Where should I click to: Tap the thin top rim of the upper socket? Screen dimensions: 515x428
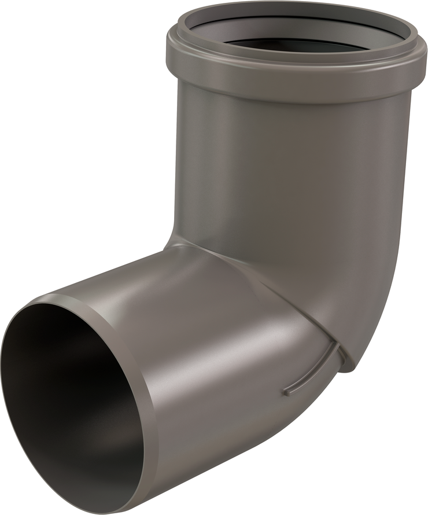click(289, 7)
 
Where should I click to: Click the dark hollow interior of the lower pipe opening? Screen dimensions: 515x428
click(64, 405)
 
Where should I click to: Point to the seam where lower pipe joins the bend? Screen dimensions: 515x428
click(272, 289)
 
